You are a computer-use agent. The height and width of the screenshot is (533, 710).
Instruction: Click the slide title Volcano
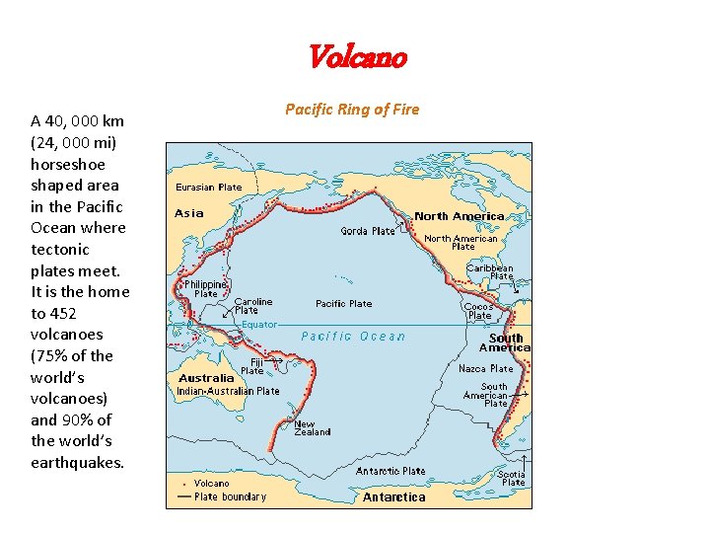click(356, 57)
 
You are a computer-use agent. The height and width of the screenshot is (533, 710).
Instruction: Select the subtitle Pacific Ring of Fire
click(352, 110)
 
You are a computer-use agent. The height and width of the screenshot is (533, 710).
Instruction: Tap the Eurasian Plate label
click(208, 187)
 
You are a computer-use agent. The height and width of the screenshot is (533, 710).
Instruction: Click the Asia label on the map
click(189, 213)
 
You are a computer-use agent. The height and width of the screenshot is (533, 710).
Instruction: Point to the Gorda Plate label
click(368, 231)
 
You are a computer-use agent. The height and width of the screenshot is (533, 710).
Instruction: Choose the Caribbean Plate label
click(489, 271)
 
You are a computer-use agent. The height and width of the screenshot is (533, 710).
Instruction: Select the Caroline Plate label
click(252, 306)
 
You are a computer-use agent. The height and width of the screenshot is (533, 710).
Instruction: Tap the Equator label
click(259, 324)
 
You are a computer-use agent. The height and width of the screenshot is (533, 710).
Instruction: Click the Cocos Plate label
click(478, 311)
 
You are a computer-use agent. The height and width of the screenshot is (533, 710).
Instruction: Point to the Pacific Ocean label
click(353, 337)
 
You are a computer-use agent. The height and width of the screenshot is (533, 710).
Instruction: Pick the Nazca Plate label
click(485, 368)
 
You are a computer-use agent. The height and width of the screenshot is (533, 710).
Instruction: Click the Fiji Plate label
click(253, 366)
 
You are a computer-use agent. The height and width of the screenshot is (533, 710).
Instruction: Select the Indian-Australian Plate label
click(228, 391)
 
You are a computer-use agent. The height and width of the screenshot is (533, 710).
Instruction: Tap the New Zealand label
click(313, 428)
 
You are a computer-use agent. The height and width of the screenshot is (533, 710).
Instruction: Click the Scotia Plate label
click(512, 478)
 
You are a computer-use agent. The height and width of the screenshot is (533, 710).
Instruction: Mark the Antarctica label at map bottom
click(393, 497)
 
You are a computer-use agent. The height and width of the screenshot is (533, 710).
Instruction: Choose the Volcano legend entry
click(211, 484)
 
